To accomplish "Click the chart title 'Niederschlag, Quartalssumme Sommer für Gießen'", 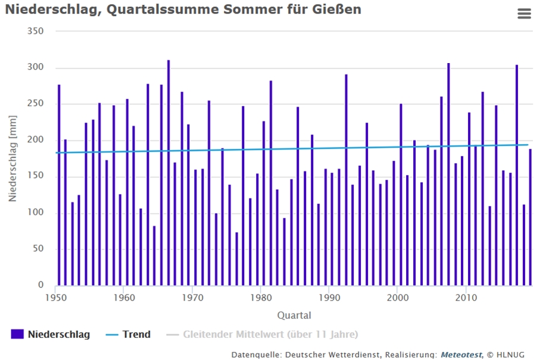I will [x=183, y=10].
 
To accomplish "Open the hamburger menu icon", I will [x=524, y=14].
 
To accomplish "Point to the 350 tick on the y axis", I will [x=37, y=31].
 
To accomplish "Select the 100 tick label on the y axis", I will [x=37, y=213].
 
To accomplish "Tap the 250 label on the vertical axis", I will [x=37, y=104].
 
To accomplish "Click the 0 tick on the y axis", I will [x=41, y=286].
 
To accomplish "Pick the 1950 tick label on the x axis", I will [x=55, y=297].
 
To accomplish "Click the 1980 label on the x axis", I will [x=260, y=297].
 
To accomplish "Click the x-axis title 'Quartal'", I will [x=294, y=315].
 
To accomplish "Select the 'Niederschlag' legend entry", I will [x=51, y=334].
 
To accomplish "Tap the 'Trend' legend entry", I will [x=128, y=334].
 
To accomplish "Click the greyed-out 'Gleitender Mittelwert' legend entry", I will [x=262, y=334].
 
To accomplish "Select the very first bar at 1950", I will [x=59, y=184].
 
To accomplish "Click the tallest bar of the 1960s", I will [x=169, y=173].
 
